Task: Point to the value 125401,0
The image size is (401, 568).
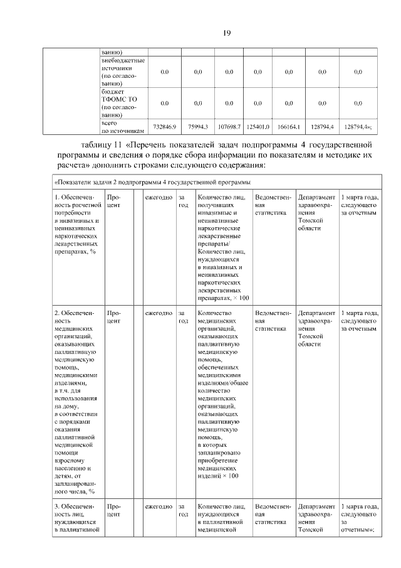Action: coord(258,127)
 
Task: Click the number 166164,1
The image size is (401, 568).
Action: coord(289,127)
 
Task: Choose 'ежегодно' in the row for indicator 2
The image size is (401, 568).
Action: coord(159,313)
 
